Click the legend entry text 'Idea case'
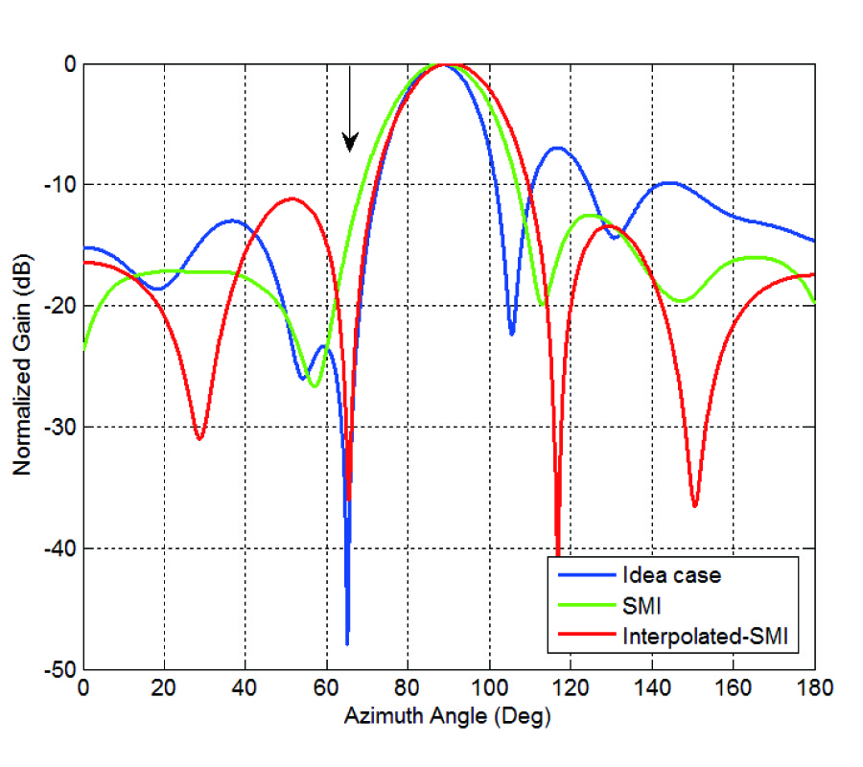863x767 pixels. (671, 575)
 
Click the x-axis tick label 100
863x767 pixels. (489, 687)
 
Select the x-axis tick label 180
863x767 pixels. (814, 687)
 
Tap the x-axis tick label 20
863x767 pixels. (164, 687)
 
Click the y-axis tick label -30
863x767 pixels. (60, 427)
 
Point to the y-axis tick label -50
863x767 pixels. (60, 669)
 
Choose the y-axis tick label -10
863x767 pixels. (60, 184)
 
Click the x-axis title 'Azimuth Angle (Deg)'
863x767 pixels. (449, 714)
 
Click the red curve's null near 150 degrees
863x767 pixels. (694, 504)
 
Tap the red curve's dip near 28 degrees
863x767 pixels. (199, 438)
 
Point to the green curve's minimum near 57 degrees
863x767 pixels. (314, 386)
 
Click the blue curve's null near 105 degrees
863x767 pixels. (512, 333)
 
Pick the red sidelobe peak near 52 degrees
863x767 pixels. (292, 198)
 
